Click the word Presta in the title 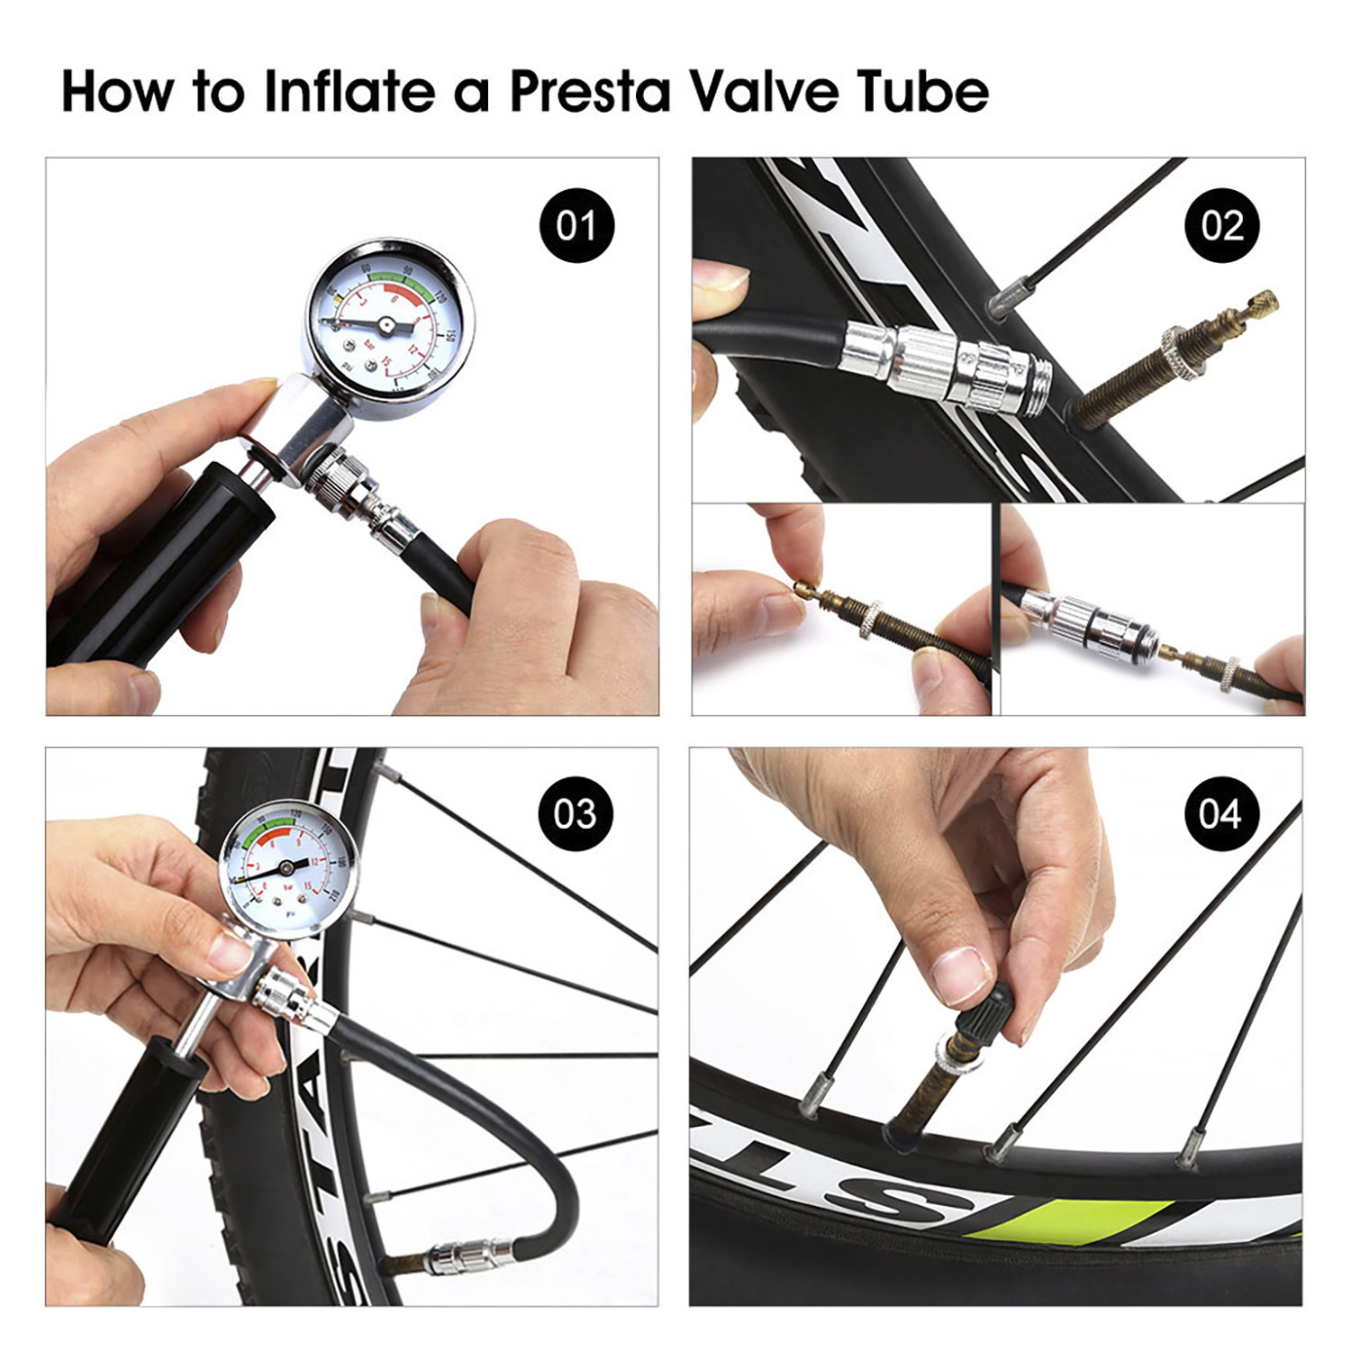pyautogui.click(x=590, y=92)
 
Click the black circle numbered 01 pyautogui.click(x=576, y=225)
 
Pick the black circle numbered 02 pyautogui.click(x=1221, y=225)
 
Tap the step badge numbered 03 pyautogui.click(x=576, y=813)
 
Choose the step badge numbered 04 pyautogui.click(x=1220, y=813)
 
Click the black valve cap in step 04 pyautogui.click(x=990, y=1023)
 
